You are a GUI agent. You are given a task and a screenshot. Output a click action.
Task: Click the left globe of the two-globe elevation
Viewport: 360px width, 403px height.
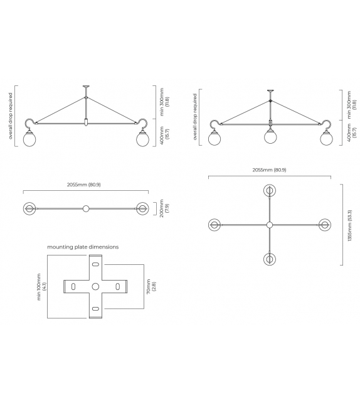pyautogui.click(x=29, y=139)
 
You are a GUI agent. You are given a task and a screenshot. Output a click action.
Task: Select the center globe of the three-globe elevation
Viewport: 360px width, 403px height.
pyautogui.click(x=270, y=136)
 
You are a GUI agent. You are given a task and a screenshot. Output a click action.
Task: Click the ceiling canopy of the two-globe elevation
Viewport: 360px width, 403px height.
pyautogui.click(x=86, y=87)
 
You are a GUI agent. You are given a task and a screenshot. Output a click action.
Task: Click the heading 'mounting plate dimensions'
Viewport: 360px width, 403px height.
pyautogui.click(x=83, y=247)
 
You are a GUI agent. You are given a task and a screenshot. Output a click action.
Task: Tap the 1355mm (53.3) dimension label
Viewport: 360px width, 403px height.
pyautogui.click(x=349, y=224)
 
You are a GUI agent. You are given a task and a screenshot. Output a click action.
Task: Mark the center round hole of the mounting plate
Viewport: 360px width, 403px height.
pyautogui.click(x=95, y=286)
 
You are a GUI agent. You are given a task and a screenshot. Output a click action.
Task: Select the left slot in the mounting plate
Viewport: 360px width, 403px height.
pyautogui.click(x=73, y=286)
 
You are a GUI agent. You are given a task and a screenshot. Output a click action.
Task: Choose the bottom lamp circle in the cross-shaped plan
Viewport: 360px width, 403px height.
pyautogui.click(x=270, y=259)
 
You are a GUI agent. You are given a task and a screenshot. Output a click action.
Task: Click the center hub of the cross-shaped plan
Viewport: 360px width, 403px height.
pyautogui.click(x=270, y=225)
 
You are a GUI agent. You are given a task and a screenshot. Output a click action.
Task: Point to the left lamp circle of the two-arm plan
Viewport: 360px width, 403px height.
pyautogui.click(x=29, y=208)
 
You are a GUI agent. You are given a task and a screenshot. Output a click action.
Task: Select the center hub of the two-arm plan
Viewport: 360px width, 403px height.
pyautogui.click(x=86, y=208)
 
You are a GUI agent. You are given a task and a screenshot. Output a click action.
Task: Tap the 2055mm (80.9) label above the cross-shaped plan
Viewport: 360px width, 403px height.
pyautogui.click(x=269, y=169)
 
